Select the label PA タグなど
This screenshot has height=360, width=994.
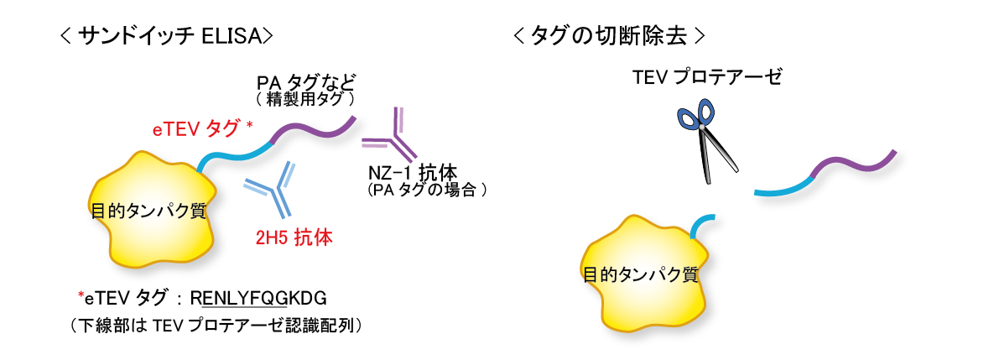pos(307,83)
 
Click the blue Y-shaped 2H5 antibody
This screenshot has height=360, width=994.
pos(272,189)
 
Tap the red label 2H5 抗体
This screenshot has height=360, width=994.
pos(294,237)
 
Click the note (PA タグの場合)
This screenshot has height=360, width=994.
pos(427,190)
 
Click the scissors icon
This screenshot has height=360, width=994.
pos(705,138)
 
